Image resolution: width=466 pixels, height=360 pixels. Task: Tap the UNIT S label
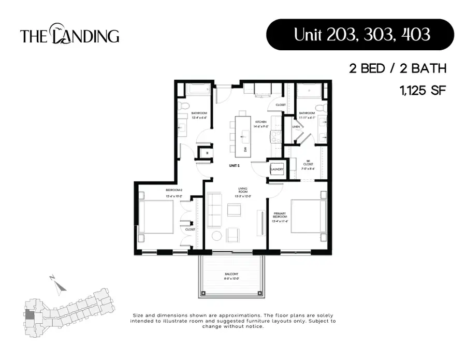(234, 165)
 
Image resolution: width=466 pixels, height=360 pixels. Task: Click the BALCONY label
(231, 274)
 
